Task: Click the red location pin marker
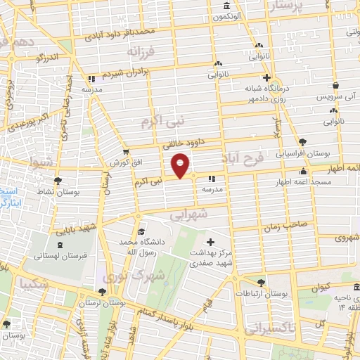181,165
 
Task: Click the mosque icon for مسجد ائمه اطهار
304,170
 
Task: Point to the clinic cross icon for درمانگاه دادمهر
266,78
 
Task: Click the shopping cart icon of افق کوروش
126,151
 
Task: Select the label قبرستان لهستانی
58,256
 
